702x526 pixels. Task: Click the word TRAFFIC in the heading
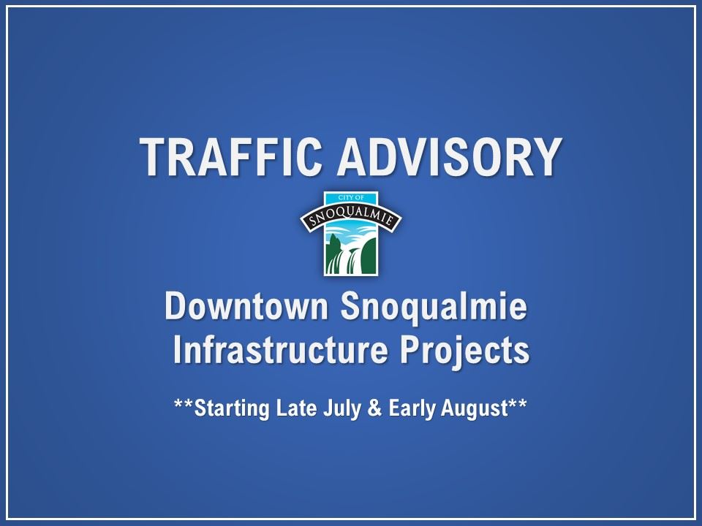click(x=230, y=156)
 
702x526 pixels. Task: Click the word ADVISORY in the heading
click(x=450, y=156)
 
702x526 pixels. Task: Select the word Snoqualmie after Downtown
click(x=434, y=308)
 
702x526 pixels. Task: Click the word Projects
click(x=465, y=351)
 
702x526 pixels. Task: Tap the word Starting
click(x=232, y=409)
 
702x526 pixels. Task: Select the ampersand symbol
click(x=374, y=408)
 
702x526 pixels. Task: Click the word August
click(x=475, y=409)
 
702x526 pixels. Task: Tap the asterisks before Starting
click(x=184, y=404)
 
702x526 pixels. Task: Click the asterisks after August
click(x=518, y=404)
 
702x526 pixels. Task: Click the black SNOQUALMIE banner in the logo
click(x=351, y=218)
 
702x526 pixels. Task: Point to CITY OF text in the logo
click(x=351, y=197)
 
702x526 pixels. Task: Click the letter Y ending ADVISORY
click(x=548, y=156)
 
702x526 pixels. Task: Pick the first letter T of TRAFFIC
click(x=152, y=156)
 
